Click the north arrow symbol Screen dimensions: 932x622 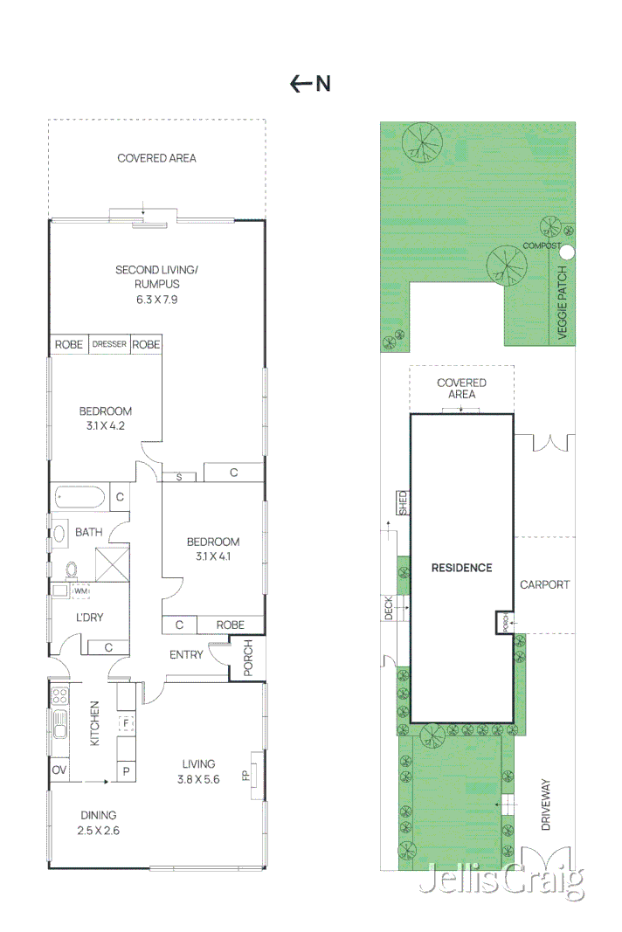pos(301,84)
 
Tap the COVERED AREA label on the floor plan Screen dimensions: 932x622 pos(156,158)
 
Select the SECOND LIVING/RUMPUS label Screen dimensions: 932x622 pos(156,277)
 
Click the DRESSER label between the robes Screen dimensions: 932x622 pos(109,344)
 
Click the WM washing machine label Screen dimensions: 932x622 pos(81,591)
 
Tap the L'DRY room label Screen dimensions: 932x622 pos(89,617)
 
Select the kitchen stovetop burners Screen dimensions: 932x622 pos(59,697)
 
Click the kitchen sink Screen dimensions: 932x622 pos(59,726)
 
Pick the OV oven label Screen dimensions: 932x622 pos(59,770)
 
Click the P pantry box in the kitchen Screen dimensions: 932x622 pos(126,770)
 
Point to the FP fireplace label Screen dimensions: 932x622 pos(245,774)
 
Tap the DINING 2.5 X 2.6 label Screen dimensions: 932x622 pos(97,823)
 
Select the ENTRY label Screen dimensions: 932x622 pos(186,654)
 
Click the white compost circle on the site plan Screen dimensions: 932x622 pos(566,252)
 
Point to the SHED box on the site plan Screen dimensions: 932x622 pos(403,502)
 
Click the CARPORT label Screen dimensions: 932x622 pos(544,584)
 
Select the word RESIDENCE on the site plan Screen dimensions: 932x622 pos(461,568)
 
